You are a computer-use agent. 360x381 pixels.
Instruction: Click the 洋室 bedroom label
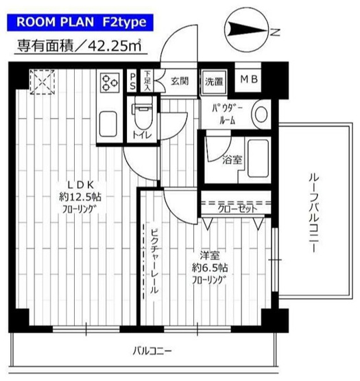pos(206,253)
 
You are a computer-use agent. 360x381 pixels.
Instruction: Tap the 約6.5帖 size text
pos(206,266)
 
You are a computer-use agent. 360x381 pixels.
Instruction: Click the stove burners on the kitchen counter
pos(110,82)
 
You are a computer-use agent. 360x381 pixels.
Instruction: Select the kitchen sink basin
pos(110,126)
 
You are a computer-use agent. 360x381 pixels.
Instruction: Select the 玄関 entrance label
pos(180,81)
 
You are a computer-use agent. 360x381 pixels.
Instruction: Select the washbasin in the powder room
pos(261,111)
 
